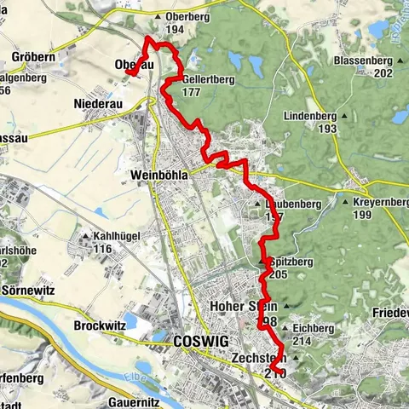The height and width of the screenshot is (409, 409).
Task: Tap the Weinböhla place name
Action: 158,175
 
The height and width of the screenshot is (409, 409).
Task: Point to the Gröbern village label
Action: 35,57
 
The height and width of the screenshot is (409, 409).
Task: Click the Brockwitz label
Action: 101,325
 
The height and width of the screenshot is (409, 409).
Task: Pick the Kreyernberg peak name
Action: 377,202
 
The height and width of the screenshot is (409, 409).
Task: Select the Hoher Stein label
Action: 246,306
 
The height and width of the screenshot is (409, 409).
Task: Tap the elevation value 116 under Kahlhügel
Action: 103,249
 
